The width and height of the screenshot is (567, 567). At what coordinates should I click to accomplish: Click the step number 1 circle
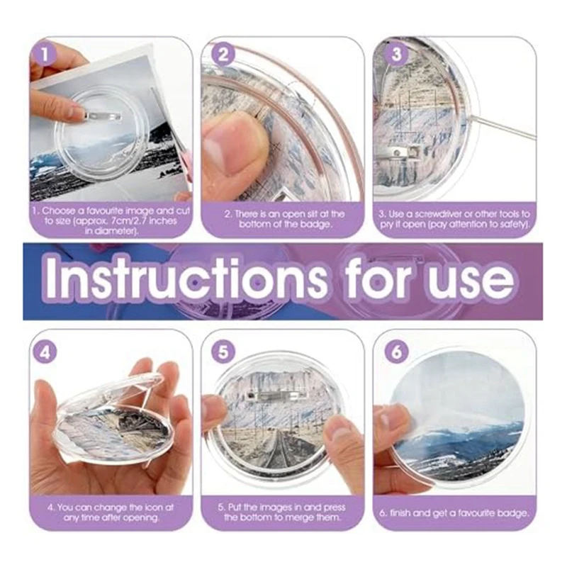(46, 54)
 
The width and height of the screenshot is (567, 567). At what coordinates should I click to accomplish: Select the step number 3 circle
(396, 55)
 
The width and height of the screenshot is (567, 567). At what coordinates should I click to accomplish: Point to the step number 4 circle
(46, 352)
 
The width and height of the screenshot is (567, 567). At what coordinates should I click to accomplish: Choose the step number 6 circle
(396, 352)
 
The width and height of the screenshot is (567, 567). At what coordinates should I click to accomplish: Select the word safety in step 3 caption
(512, 223)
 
